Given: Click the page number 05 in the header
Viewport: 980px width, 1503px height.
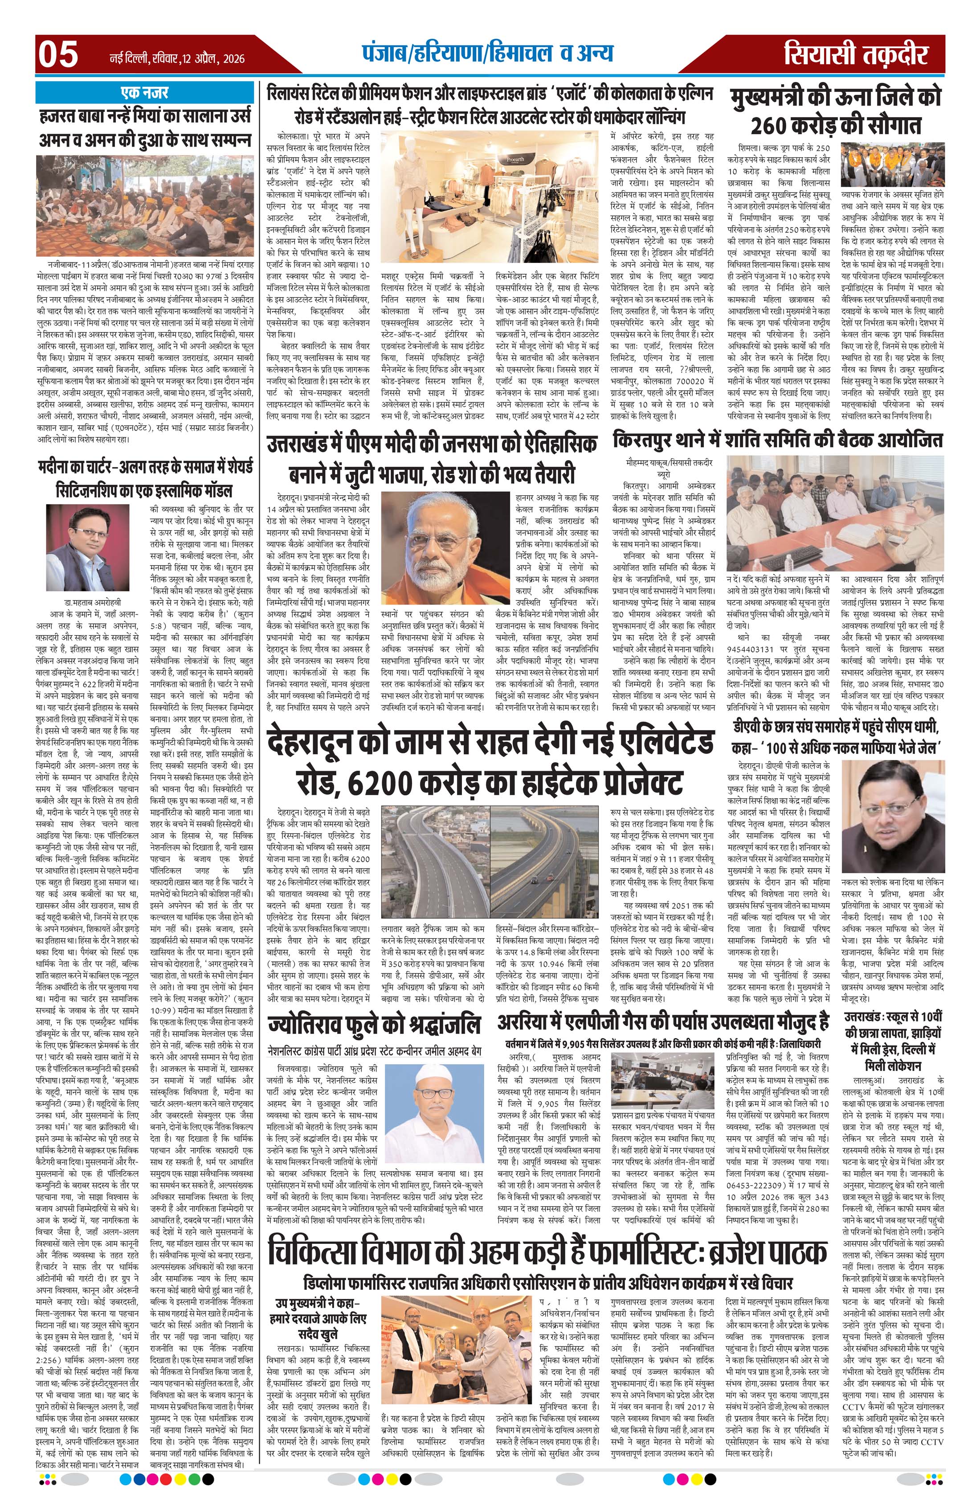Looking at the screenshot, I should pyautogui.click(x=58, y=54).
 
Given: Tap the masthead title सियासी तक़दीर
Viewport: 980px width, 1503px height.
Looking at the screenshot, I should pyautogui.click(x=856, y=54).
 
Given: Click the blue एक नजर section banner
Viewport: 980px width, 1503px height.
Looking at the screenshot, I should pyautogui.click(x=144, y=93).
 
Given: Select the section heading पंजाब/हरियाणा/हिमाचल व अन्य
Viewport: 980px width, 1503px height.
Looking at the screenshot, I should pyautogui.click(x=487, y=53).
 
